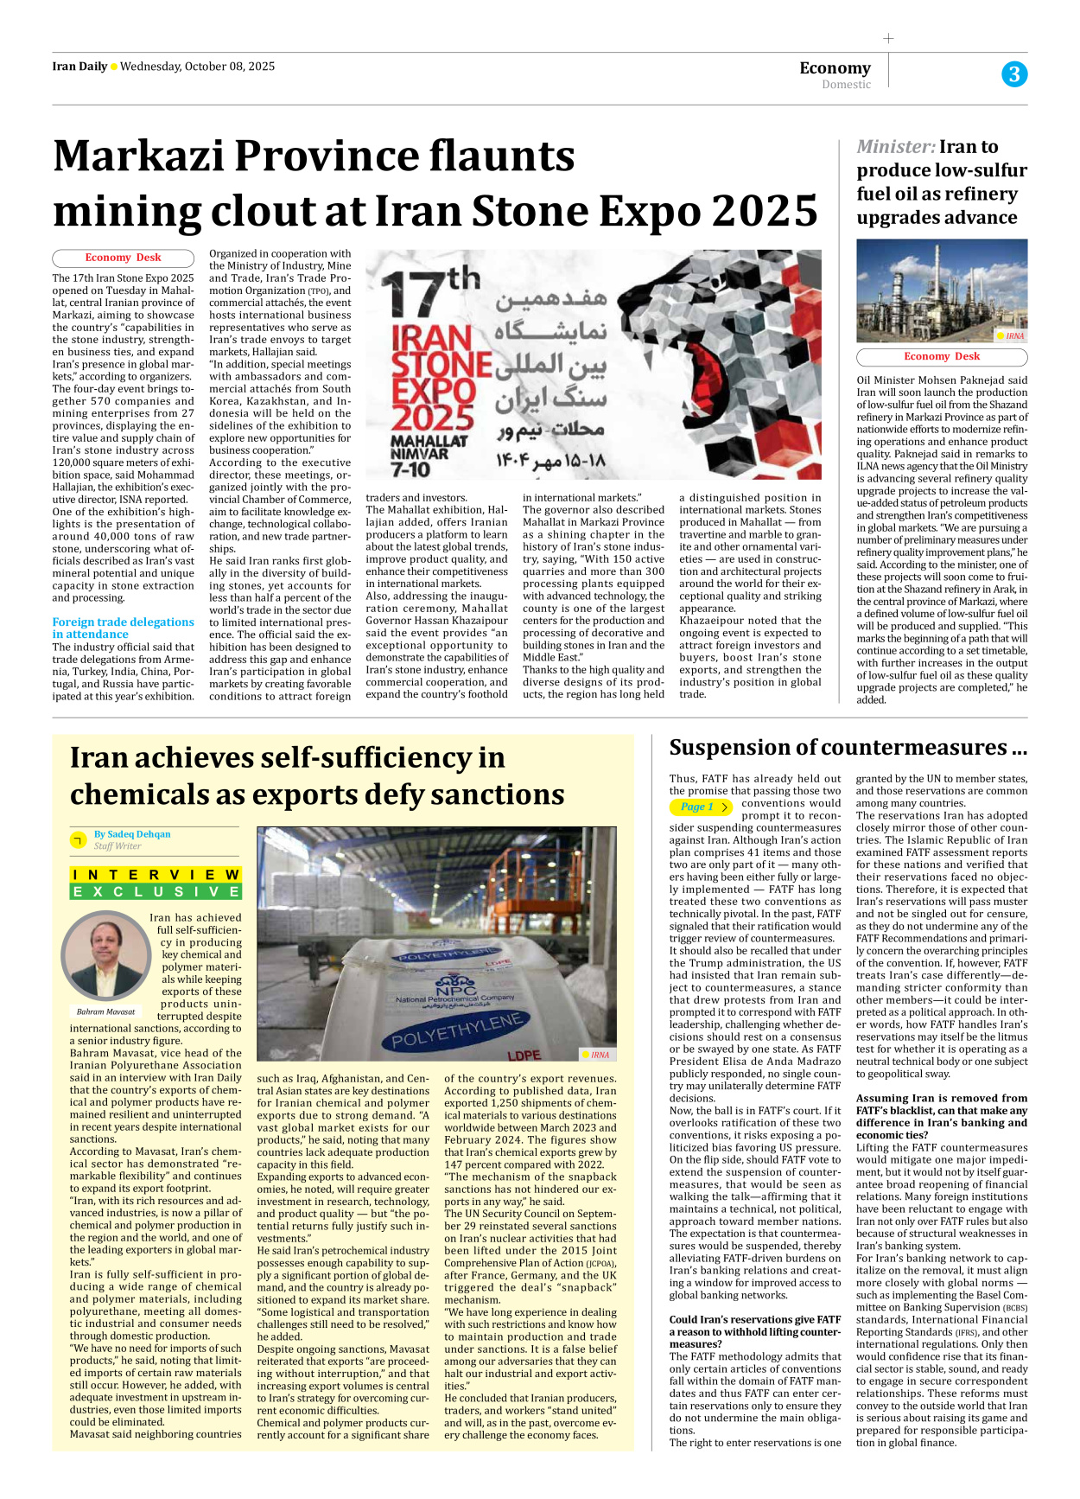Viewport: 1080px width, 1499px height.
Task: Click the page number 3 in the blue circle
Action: click(1014, 74)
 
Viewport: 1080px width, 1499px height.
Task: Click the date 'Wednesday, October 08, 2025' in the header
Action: click(197, 67)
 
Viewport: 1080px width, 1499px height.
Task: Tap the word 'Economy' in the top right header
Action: click(835, 68)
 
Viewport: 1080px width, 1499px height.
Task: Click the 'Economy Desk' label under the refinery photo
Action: click(942, 356)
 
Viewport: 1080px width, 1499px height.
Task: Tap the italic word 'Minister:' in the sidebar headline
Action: click(895, 147)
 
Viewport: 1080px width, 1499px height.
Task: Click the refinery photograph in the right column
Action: click(942, 290)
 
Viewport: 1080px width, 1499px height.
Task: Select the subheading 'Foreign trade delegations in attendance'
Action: click(122, 628)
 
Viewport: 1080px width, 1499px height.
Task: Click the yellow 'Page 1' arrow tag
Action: click(701, 807)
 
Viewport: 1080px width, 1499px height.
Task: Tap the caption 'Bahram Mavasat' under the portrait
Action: click(105, 1011)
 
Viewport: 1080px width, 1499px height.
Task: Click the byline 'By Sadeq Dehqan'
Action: click(132, 834)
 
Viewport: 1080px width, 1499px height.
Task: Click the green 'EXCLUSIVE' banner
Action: click(156, 891)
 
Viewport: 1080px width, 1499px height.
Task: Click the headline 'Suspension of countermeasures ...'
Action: click(848, 748)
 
